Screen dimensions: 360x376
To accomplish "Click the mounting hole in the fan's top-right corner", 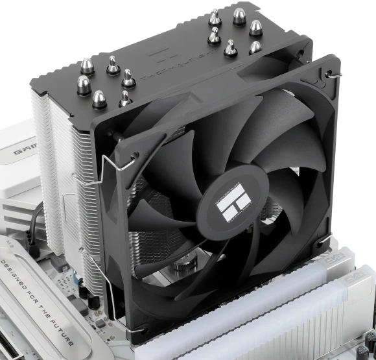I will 331,72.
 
